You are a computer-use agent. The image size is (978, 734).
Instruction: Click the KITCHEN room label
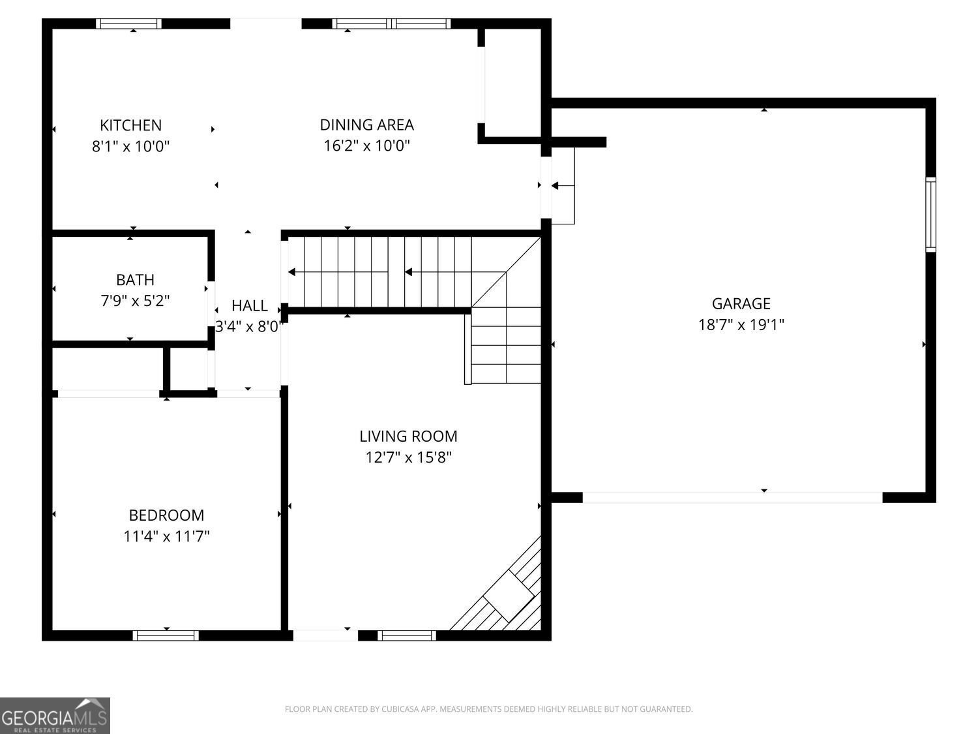tap(130, 125)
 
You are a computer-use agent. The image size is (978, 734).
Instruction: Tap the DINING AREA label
tap(366, 124)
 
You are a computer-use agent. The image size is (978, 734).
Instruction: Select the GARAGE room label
tap(741, 303)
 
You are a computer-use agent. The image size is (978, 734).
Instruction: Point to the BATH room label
tap(135, 279)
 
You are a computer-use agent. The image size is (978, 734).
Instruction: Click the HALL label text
tap(249, 305)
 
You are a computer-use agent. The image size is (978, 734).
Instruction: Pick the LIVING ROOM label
tap(408, 436)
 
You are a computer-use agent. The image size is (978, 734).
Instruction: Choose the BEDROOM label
tap(166, 515)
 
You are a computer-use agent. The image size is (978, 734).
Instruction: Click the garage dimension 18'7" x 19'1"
tap(741, 324)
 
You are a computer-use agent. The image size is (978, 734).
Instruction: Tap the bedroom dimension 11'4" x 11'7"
tap(166, 536)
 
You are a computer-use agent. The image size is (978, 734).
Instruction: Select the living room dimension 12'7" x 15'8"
tap(408, 457)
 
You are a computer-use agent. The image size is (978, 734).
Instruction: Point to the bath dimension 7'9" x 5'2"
tap(135, 301)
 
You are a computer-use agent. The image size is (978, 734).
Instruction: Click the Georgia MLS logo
tap(55, 715)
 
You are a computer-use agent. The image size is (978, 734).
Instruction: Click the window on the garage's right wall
tap(930, 215)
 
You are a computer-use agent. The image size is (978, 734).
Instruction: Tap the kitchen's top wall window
tap(128, 23)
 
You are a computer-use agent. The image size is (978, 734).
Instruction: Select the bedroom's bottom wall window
tap(166, 635)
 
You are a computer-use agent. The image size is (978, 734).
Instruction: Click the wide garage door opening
tap(732, 498)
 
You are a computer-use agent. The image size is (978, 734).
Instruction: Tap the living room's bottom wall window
tap(407, 635)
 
